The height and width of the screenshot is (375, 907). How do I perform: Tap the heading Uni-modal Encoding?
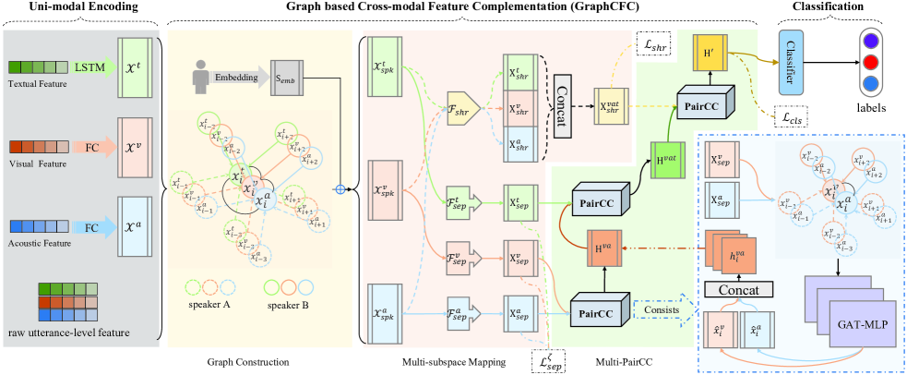tap(79, 8)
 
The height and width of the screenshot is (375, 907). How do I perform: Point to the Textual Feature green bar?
tap(38, 67)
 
